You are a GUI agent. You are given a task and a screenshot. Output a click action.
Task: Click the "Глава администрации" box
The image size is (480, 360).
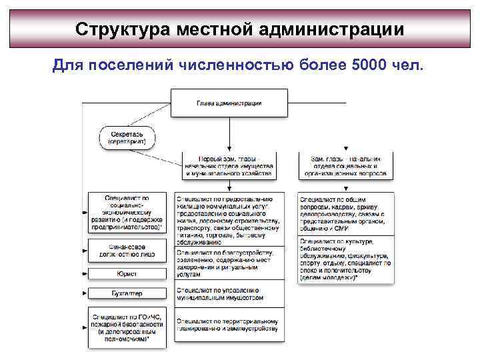coord(229,103)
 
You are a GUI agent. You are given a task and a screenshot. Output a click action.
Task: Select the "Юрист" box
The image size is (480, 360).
coord(127,274)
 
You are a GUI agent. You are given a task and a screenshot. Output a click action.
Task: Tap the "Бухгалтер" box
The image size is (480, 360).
coord(127,293)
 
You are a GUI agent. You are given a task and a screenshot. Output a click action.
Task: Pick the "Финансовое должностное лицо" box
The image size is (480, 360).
coord(127,251)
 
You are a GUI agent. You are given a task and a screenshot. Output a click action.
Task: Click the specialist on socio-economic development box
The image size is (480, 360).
coord(127,213)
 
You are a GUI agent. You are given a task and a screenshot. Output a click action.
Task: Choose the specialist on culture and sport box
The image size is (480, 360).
coord(345,260)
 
